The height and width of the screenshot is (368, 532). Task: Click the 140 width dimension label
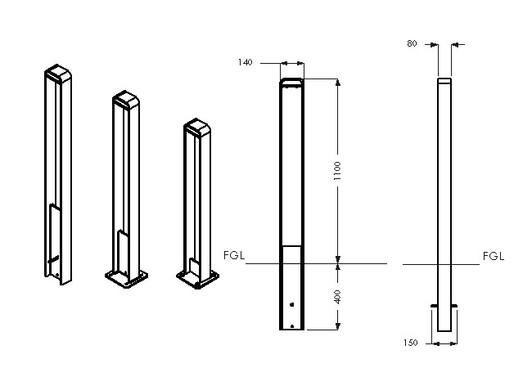[245, 62]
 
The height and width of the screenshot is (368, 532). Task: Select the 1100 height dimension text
[337, 171]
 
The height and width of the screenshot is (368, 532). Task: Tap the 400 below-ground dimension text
[337, 297]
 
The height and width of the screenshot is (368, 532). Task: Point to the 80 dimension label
[412, 43]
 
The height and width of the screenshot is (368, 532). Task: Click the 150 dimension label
[411, 343]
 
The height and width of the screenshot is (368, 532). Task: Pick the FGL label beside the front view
[234, 255]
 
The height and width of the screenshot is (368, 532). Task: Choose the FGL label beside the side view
[494, 256]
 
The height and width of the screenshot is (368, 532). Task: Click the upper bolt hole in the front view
[292, 305]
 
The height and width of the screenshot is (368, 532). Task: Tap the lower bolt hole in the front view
[292, 326]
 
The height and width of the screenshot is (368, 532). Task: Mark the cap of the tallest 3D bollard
[58, 73]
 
